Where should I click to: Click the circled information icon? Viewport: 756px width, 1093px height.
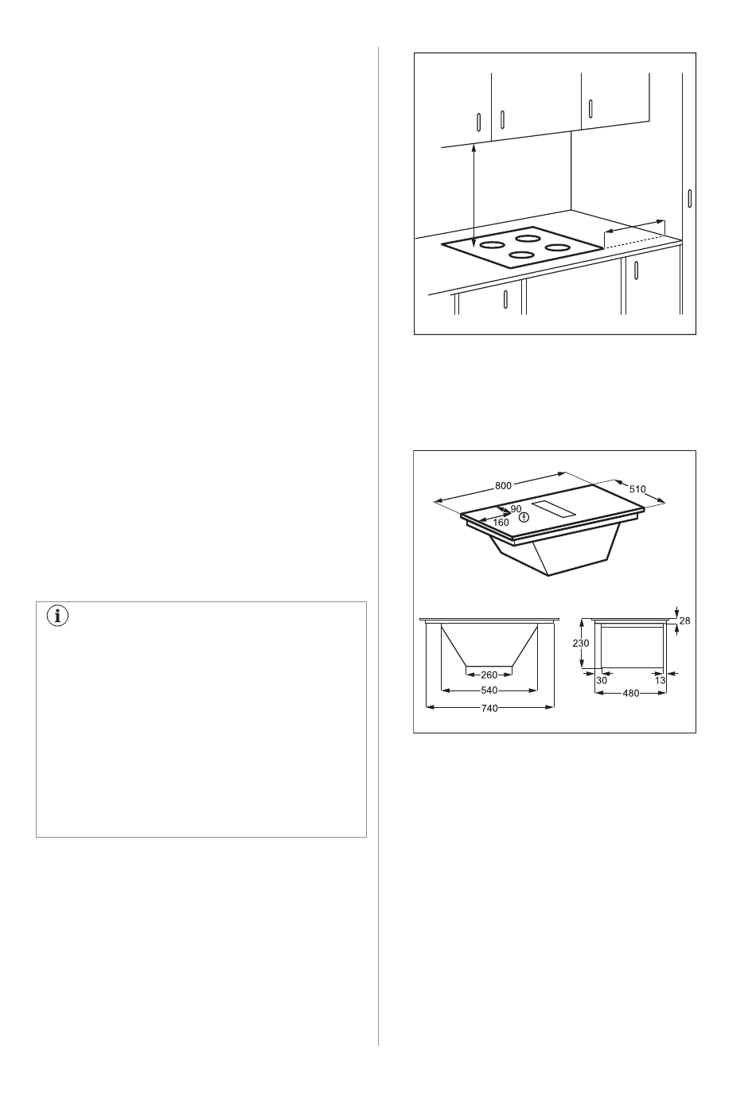pyautogui.click(x=57, y=617)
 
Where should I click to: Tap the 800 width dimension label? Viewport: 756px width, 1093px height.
pyautogui.click(x=503, y=485)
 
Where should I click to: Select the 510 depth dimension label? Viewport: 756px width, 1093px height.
pyautogui.click(x=637, y=489)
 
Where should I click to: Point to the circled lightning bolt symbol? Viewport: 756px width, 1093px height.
pyautogui.click(x=524, y=517)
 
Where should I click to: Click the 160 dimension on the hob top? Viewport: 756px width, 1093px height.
pyautogui.click(x=501, y=523)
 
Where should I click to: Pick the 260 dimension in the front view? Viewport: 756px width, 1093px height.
pyautogui.click(x=489, y=675)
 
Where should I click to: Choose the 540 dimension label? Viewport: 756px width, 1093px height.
pyautogui.click(x=489, y=690)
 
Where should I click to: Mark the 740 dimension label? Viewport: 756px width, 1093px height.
pyautogui.click(x=489, y=708)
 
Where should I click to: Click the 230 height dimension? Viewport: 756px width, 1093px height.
pyautogui.click(x=581, y=643)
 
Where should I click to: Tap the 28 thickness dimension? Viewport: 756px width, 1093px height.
pyautogui.click(x=684, y=620)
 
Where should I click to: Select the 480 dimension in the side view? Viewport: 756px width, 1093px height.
pyautogui.click(x=631, y=693)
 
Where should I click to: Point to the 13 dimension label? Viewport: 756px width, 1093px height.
pyautogui.click(x=660, y=680)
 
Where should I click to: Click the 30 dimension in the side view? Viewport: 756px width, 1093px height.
pyautogui.click(x=602, y=680)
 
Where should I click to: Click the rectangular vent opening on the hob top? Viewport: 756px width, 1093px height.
pyautogui.click(x=554, y=508)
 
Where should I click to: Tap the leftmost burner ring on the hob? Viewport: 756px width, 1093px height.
pyautogui.click(x=492, y=245)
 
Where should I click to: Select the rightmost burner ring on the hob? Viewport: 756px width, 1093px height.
pyautogui.click(x=558, y=247)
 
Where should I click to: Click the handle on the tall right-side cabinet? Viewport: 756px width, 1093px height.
pyautogui.click(x=689, y=198)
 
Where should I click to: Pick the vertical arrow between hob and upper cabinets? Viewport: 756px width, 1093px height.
pyautogui.click(x=474, y=196)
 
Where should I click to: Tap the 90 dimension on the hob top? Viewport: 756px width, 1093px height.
pyautogui.click(x=516, y=509)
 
